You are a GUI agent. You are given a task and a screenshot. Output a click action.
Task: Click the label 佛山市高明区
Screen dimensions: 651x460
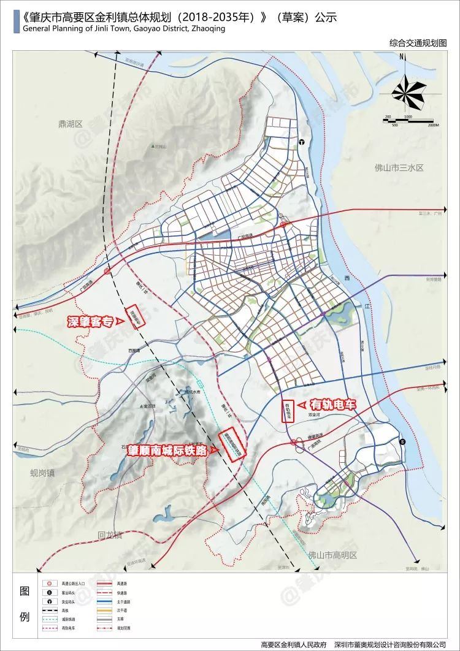coord(333,555)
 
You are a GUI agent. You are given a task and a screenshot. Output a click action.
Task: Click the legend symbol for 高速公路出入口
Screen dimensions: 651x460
coord(48,585)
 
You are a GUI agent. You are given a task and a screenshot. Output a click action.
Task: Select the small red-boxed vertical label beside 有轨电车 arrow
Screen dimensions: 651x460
coord(286,411)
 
